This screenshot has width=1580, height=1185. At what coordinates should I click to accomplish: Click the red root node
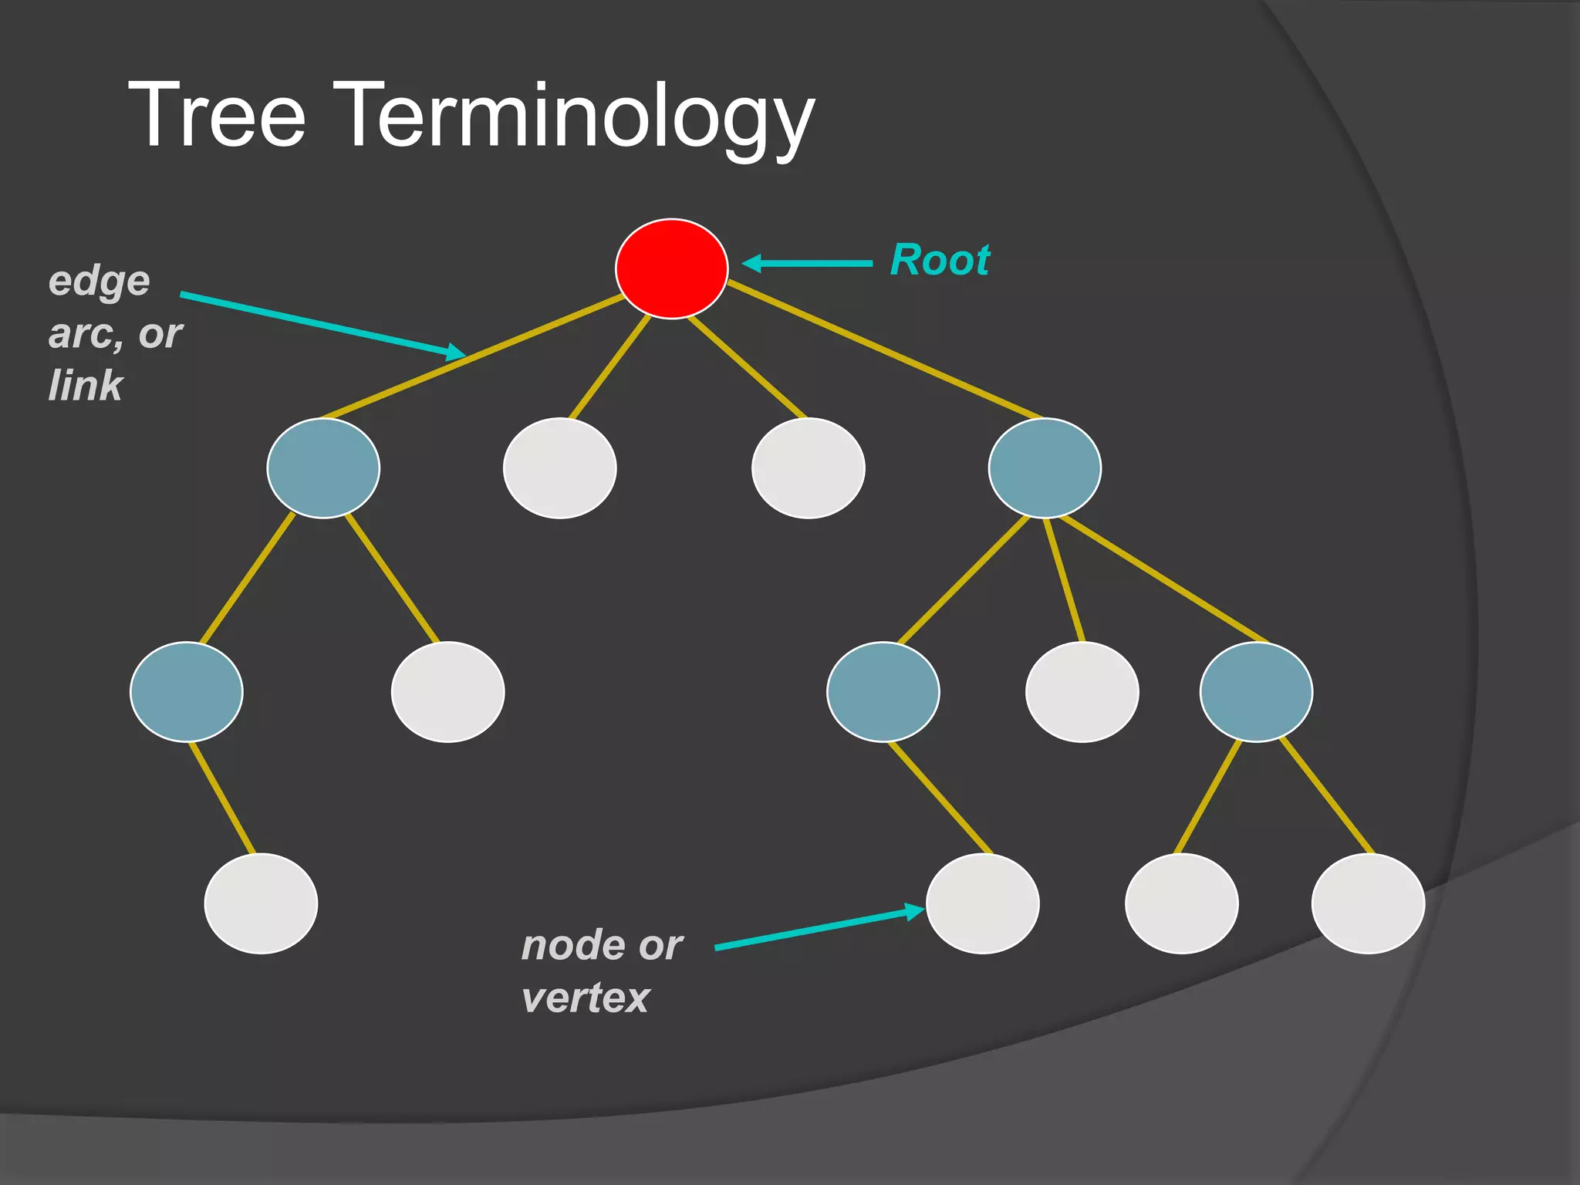tap(671, 268)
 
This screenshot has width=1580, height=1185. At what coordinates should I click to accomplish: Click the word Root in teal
tap(940, 260)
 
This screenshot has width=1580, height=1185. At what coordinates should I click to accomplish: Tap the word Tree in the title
tap(217, 116)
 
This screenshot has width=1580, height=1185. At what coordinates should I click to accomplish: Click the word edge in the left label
tap(99, 281)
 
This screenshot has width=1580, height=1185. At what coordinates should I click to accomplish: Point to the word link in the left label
tap(85, 385)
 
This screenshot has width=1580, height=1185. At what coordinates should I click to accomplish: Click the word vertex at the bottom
tap(585, 998)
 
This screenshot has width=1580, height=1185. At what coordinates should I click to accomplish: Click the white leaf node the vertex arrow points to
tap(982, 903)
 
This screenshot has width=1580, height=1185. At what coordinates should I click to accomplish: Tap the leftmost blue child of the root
tap(323, 468)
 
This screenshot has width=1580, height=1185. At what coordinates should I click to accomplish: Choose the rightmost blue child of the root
tap(1045, 468)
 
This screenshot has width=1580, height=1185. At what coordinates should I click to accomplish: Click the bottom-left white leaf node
tap(261, 903)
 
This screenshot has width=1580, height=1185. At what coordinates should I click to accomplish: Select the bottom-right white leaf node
tap(1367, 903)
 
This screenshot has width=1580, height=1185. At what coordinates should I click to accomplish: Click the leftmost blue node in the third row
tap(187, 692)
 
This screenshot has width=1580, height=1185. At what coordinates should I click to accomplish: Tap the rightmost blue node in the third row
tap(1255, 692)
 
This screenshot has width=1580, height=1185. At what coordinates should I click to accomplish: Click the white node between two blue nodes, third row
tap(1082, 692)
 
